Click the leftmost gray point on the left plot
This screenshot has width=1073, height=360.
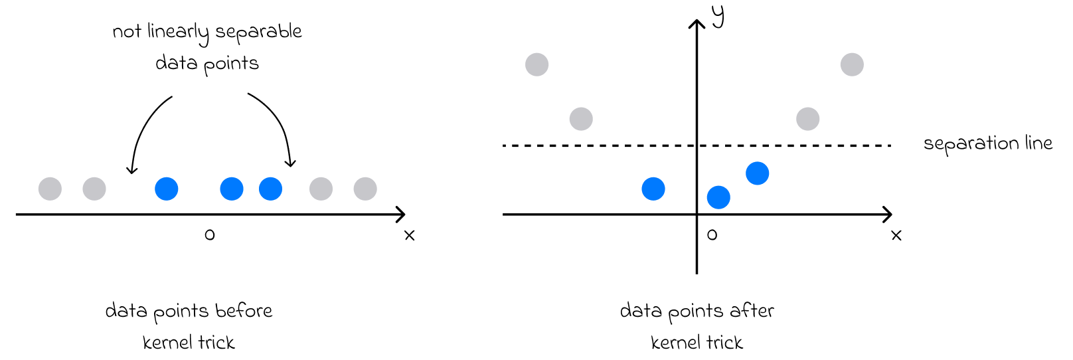pyautogui.click(x=50, y=189)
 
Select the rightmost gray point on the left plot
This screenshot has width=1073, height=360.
pyautogui.click(x=365, y=189)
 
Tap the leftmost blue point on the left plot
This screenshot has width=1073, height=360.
pyautogui.click(x=166, y=189)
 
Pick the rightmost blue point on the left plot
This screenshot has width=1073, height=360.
pyautogui.click(x=270, y=189)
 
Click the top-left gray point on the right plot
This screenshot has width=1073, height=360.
pyautogui.click(x=536, y=64)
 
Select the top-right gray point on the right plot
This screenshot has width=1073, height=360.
pyautogui.click(x=852, y=64)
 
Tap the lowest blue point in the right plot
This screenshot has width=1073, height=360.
pyautogui.click(x=718, y=197)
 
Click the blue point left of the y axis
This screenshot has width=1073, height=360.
pyautogui.click(x=653, y=189)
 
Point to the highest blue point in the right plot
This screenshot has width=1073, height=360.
pyautogui.click(x=757, y=173)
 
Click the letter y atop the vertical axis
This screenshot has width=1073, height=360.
pyautogui.click(x=718, y=16)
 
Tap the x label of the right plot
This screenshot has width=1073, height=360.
pyautogui.click(x=896, y=235)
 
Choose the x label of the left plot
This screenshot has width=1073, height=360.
pyautogui.click(x=409, y=235)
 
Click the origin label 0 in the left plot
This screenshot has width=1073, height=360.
pyautogui.click(x=210, y=234)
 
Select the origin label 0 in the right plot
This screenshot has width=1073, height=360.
pyautogui.click(x=712, y=234)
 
